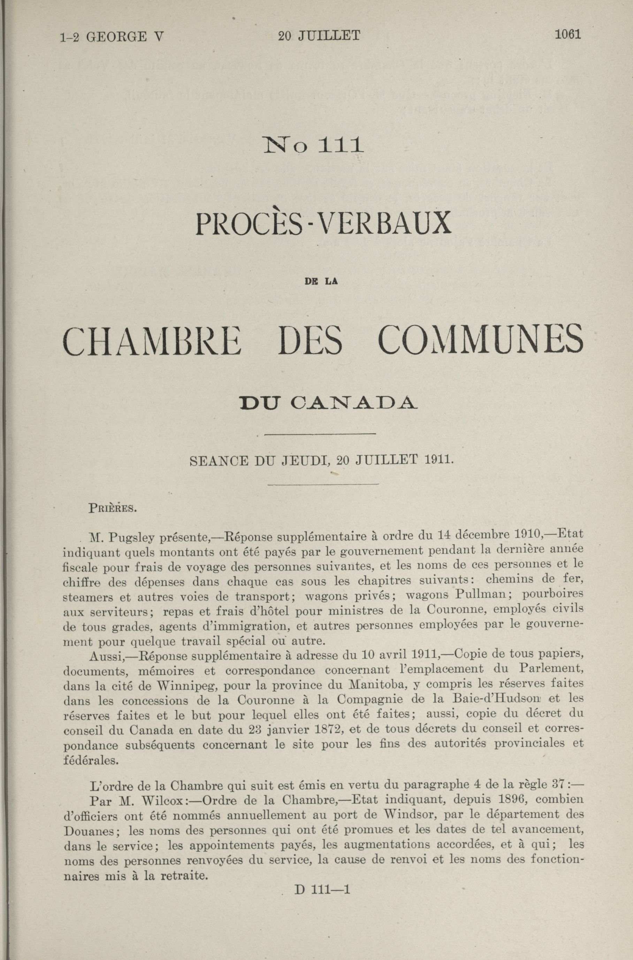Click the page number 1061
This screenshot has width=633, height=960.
pos(567,35)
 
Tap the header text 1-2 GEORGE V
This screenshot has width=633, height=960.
pos(112,38)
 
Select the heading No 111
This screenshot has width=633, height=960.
pos(313,145)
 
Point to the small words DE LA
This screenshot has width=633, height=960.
pos(321,282)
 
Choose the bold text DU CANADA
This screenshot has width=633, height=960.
pos(327,403)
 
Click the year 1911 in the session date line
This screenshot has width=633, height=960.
pos(439,460)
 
